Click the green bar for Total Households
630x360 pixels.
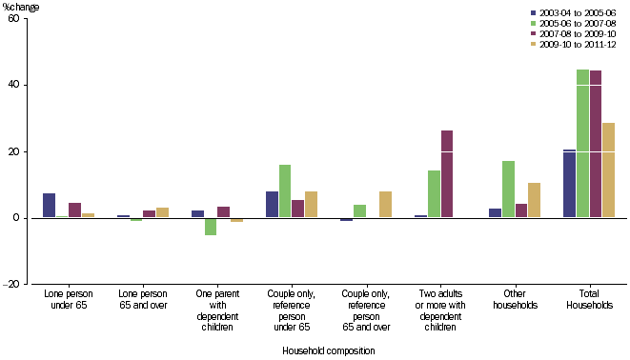click(582, 144)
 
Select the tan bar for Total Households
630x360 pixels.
click(608, 170)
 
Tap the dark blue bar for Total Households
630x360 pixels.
click(569, 184)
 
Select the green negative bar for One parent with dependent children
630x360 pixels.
click(211, 227)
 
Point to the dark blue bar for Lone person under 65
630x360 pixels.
click(49, 206)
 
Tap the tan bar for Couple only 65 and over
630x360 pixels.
click(385, 205)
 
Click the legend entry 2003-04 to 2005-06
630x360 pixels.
click(575, 11)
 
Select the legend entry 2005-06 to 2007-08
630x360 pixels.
click(575, 23)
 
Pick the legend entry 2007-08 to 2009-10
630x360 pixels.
click(575, 34)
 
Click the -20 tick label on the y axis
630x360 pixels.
click(13, 284)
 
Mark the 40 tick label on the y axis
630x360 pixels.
click(16, 85)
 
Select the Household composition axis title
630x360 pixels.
click(329, 350)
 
